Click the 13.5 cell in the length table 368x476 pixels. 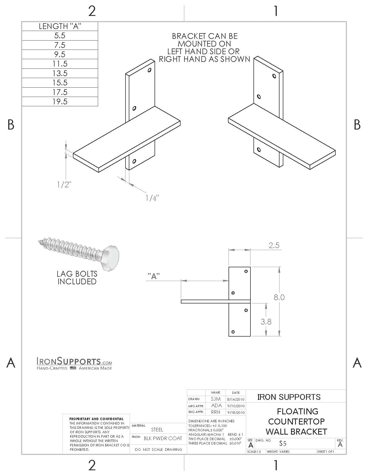(x=60, y=73)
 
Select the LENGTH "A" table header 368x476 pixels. (x=60, y=26)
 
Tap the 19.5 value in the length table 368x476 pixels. (x=60, y=102)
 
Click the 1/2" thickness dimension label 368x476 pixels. (x=64, y=185)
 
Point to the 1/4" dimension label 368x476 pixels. (x=152, y=198)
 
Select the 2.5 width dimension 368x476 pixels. (x=274, y=245)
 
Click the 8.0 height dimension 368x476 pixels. (x=279, y=297)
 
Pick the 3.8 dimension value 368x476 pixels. (x=266, y=322)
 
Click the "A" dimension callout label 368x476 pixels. (x=154, y=276)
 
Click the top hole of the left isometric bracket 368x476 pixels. (x=150, y=70)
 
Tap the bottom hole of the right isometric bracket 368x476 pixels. (x=259, y=150)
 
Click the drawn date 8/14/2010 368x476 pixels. (x=236, y=399)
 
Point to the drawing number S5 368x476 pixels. (x=283, y=443)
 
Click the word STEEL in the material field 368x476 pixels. (x=157, y=430)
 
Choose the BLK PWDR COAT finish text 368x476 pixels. (x=163, y=438)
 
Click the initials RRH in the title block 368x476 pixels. (x=216, y=412)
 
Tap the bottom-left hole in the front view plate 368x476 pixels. (x=233, y=332)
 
